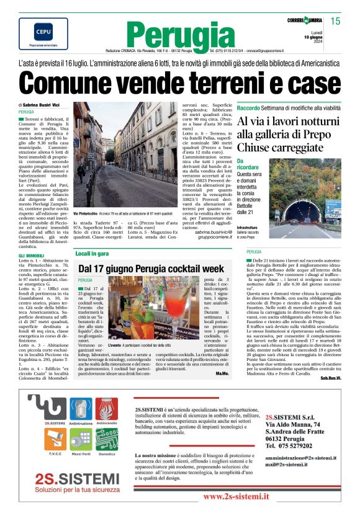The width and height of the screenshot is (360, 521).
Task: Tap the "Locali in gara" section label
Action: pyautogui.click(x=92, y=253)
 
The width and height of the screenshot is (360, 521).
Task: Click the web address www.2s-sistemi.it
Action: pyautogui.click(x=236, y=497)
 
